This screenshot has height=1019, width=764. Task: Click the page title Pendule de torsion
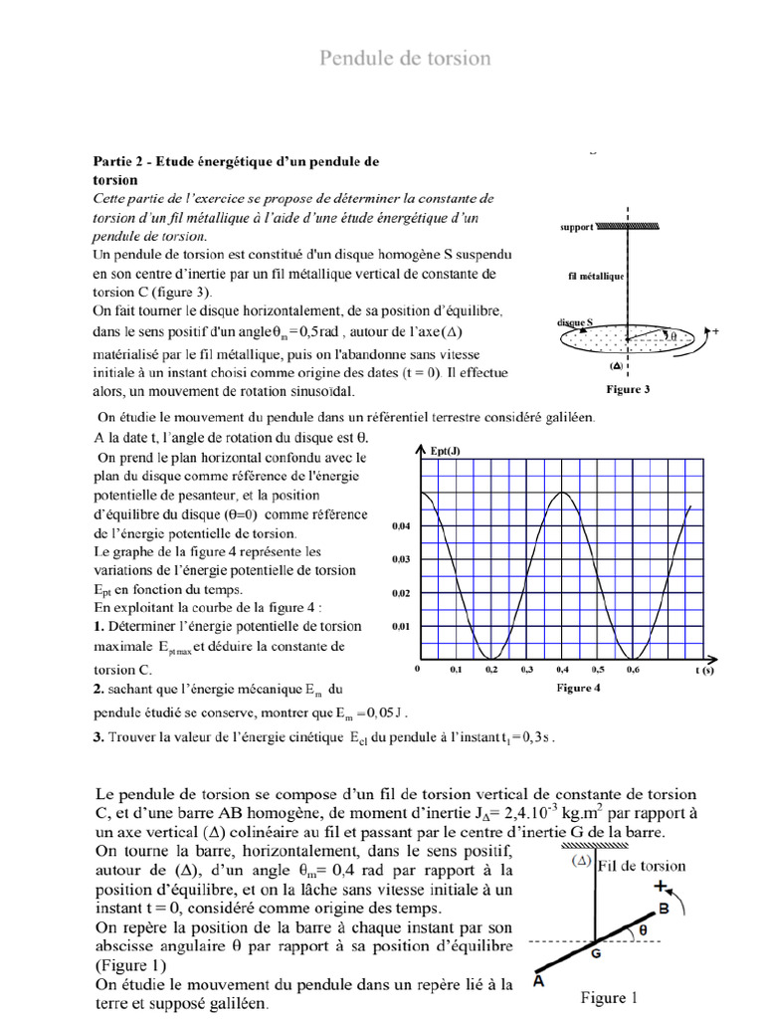click(x=404, y=59)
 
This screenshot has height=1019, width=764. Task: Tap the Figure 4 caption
click(x=575, y=688)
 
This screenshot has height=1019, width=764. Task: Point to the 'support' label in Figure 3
click(x=576, y=227)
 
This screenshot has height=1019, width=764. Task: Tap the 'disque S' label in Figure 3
click(x=575, y=323)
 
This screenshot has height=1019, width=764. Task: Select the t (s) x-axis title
click(x=705, y=673)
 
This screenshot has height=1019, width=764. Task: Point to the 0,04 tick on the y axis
click(x=401, y=525)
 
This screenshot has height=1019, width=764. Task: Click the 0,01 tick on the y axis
click(x=401, y=626)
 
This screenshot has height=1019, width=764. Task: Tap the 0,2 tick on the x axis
click(x=490, y=672)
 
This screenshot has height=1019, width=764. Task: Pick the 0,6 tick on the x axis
click(x=633, y=672)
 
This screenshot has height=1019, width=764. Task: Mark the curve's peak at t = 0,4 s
click(x=563, y=492)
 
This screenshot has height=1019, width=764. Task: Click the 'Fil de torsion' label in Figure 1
click(x=642, y=866)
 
